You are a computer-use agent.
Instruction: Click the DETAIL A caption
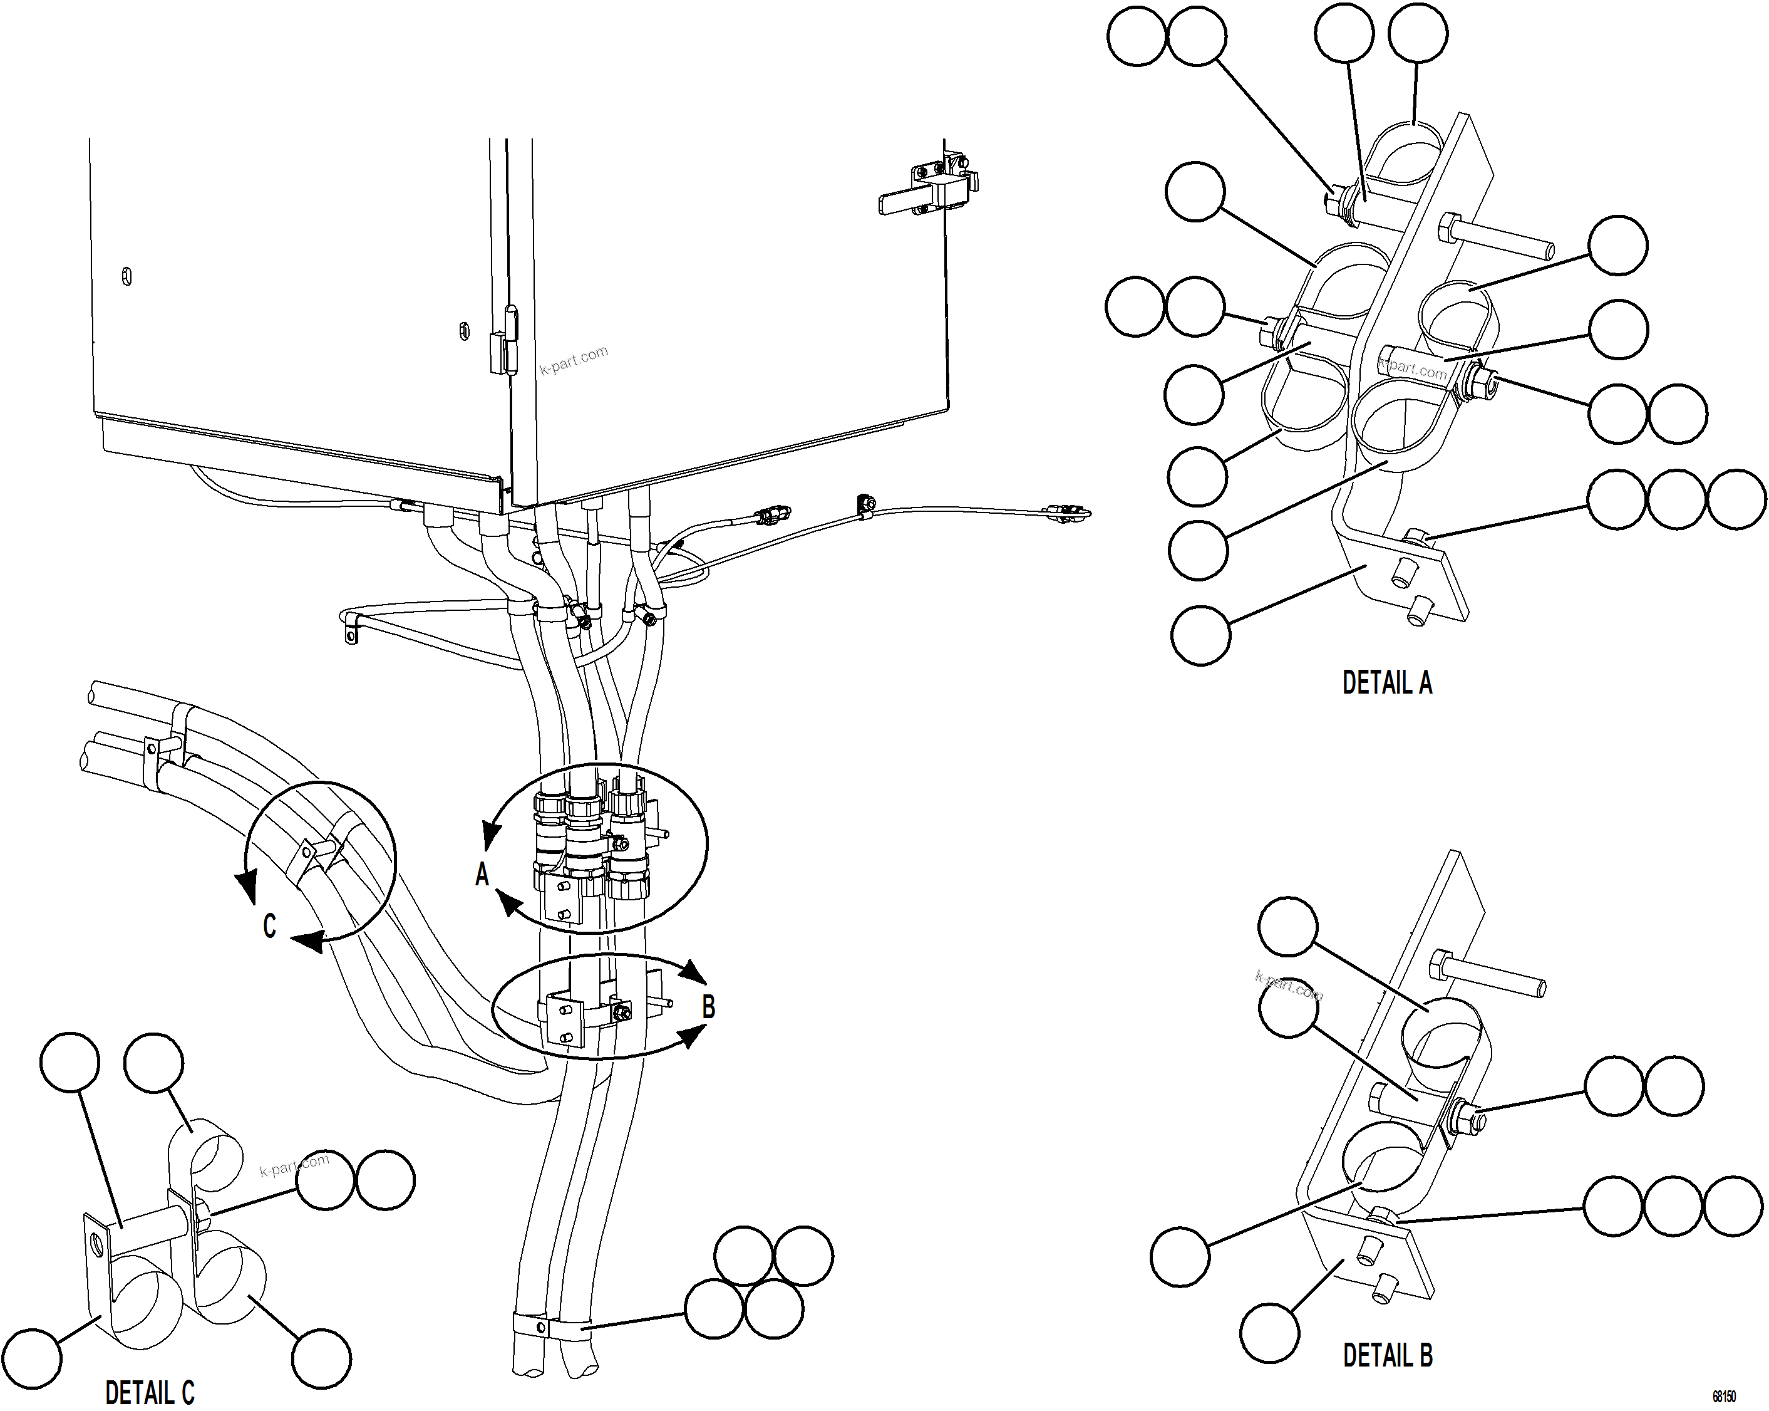pyautogui.click(x=1386, y=683)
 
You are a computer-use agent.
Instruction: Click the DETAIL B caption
pyautogui.click(x=1388, y=1355)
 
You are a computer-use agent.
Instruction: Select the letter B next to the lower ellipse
pyautogui.click(x=709, y=1006)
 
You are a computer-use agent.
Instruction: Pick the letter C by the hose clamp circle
pyautogui.click(x=269, y=926)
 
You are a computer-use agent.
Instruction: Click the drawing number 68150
pyautogui.click(x=1723, y=1396)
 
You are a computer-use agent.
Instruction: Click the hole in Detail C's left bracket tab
pyautogui.click(x=98, y=1244)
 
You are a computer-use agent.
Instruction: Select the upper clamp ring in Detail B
pyautogui.click(x=1442, y=1034)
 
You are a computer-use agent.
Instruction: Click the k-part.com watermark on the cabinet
pyautogui.click(x=574, y=360)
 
